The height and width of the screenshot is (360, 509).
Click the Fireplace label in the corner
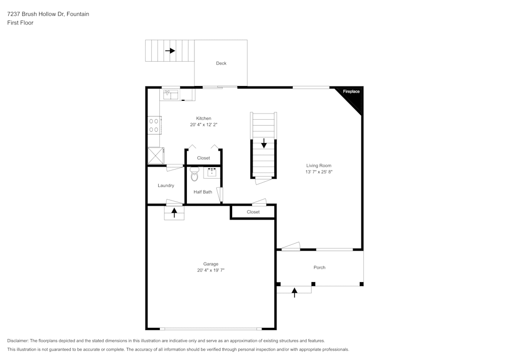point(351,92)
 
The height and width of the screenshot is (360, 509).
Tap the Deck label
point(221,63)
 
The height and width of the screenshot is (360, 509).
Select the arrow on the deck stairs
point(169,51)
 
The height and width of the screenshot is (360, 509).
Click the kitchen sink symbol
point(171,94)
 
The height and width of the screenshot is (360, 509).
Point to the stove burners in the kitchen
point(154,125)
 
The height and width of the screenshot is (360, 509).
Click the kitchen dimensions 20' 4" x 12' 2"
point(204,124)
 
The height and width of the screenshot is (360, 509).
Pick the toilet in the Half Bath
point(194,176)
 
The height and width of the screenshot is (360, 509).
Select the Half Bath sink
point(212,172)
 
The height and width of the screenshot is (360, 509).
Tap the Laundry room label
point(166,185)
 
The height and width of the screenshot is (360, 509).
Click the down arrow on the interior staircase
point(264,143)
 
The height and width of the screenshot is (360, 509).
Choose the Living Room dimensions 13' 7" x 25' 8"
point(319,172)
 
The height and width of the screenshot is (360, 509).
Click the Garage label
point(211,264)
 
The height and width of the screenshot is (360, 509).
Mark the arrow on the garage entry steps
point(175,213)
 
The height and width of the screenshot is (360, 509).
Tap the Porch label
point(319,267)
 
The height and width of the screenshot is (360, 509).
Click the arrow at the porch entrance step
point(294,292)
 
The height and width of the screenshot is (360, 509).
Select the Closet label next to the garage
point(253,212)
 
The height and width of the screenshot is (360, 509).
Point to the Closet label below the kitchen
point(204,158)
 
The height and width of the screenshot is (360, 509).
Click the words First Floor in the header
point(20,23)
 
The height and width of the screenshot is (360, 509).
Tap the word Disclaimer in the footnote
point(18,341)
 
